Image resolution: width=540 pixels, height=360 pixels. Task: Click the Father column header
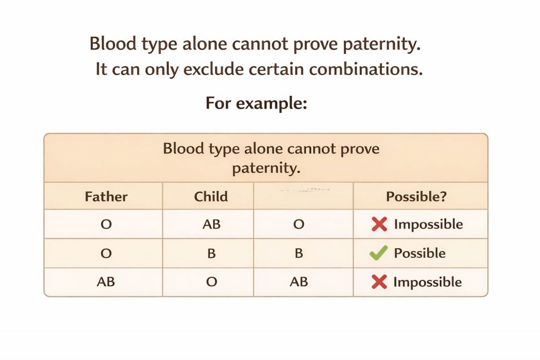click(x=106, y=197)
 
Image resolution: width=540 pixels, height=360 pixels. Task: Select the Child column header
click(x=211, y=197)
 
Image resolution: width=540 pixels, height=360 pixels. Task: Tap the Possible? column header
click(x=417, y=197)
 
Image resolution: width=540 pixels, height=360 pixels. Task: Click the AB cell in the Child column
click(x=211, y=224)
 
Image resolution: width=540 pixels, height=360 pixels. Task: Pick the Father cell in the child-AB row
click(x=106, y=224)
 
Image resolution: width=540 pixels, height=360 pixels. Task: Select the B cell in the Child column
click(x=211, y=253)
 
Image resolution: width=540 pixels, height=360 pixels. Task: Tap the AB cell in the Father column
click(x=106, y=281)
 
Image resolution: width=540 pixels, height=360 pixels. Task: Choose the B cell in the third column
click(x=298, y=253)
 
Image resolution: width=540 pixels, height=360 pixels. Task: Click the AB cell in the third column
click(x=298, y=281)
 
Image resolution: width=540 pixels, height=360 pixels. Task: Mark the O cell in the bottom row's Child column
click(x=211, y=281)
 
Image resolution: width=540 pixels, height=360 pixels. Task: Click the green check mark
click(x=379, y=253)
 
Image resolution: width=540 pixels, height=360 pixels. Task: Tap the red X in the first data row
click(x=379, y=225)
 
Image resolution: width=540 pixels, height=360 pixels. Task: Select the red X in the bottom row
click(x=379, y=282)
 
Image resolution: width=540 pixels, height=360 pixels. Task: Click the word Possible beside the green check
click(x=419, y=253)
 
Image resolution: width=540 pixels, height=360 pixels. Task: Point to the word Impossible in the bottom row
click(x=428, y=282)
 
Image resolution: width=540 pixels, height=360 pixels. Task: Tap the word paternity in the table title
click(x=266, y=169)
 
